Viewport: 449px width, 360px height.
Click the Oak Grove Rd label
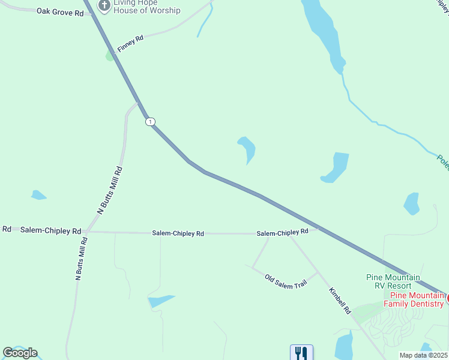(60, 11)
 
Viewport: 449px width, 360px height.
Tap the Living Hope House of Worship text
(146, 6)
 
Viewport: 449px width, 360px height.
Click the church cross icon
(104, 6)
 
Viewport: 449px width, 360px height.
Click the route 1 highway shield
(150, 122)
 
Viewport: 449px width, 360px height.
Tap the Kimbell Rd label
(339, 301)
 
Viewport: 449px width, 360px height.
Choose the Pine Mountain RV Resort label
(393, 281)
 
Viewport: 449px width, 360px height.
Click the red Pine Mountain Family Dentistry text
(417, 299)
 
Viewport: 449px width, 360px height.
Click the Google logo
(20, 353)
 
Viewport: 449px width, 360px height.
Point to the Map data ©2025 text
(423, 355)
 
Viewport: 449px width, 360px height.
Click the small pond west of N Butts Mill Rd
(38, 195)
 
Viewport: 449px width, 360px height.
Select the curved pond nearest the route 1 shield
(247, 149)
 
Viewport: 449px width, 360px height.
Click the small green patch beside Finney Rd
(109, 55)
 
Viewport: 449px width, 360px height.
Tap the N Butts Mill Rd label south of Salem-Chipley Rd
(82, 259)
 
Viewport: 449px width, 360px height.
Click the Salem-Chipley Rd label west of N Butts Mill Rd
(50, 230)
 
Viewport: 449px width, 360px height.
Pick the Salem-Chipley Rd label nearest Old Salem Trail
(282, 232)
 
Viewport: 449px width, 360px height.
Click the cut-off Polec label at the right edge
(442, 161)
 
